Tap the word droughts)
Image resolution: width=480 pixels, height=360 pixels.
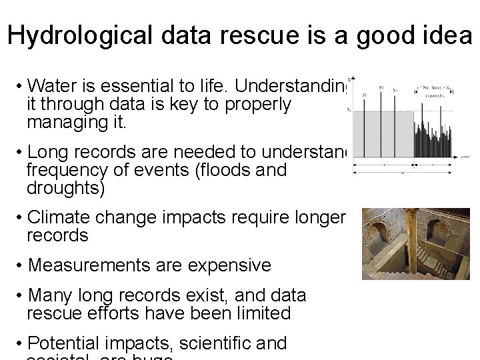65,189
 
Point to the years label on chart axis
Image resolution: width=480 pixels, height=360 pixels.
467,157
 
